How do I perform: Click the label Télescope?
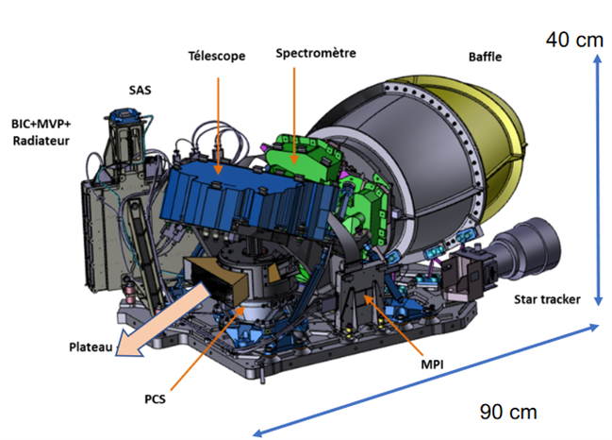[217, 57]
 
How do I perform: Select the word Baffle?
[485, 57]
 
